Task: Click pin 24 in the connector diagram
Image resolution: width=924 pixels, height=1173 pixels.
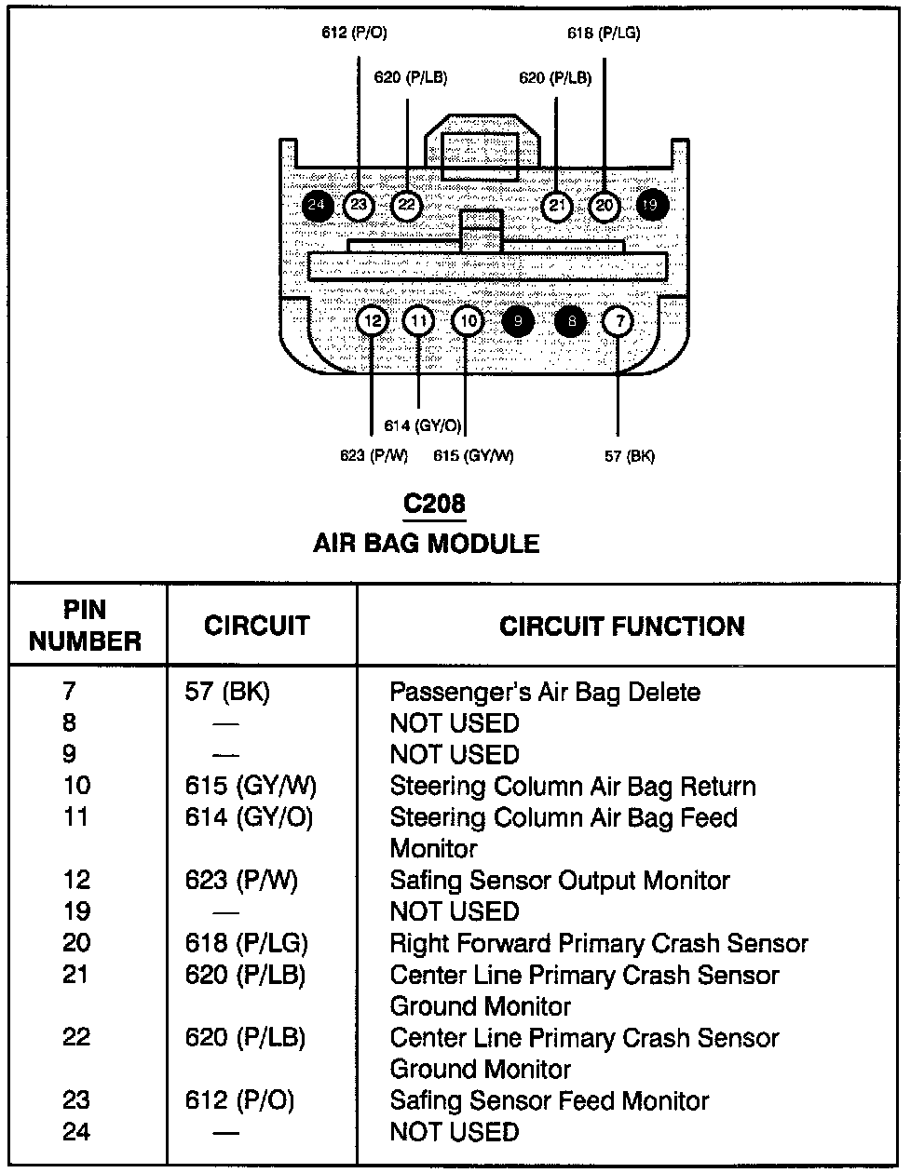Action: pos(317,205)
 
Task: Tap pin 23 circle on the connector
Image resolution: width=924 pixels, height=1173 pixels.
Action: pos(359,205)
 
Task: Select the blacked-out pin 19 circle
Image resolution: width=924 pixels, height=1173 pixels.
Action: pos(650,205)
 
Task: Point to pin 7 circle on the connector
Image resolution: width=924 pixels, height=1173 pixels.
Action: pos(618,322)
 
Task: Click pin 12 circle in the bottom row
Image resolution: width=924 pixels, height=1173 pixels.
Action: pos(372,322)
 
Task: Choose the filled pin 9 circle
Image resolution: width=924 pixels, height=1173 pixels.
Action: pos(517,322)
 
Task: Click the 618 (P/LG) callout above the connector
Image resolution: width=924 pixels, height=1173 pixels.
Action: pos(605,34)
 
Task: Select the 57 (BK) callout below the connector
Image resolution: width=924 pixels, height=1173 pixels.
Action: pos(630,456)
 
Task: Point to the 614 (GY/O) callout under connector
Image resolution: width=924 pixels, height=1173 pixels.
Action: pos(423,426)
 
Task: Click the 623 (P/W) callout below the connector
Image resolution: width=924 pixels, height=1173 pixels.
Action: pos(374,456)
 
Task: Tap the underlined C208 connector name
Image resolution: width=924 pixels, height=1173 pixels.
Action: pos(433,504)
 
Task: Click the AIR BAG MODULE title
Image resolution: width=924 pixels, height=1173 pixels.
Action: pos(426,544)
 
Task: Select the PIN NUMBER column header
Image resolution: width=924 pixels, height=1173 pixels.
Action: pos(86,626)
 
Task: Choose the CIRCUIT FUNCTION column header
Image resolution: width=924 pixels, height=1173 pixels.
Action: pos(621,627)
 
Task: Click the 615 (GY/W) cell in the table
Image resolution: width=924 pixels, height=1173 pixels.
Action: pos(251,787)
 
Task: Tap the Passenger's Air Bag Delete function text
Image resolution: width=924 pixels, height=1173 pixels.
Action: pos(544,693)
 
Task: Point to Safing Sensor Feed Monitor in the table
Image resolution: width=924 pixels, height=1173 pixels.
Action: pos(549,1101)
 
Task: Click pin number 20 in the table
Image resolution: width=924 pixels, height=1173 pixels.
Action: pos(76,943)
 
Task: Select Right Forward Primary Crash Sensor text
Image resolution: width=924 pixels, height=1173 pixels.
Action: pos(598,944)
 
